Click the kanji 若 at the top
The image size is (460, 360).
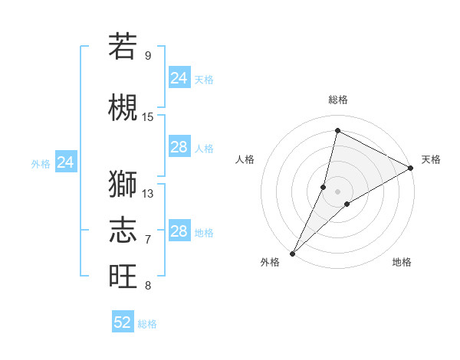[123, 46]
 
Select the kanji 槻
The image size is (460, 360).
[123, 107]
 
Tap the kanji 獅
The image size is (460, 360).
[123, 185]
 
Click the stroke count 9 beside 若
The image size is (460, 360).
[147, 55]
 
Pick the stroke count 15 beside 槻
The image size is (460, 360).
[148, 116]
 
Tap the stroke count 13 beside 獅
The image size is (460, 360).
[148, 193]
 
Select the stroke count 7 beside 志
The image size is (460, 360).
[147, 239]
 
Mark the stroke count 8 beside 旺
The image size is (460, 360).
[147, 286]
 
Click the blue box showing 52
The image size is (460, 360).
[123, 322]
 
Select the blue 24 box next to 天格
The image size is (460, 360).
[179, 78]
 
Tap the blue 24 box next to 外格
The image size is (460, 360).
[66, 162]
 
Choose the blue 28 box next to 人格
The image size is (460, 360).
[179, 147]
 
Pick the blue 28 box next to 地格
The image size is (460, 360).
[179, 231]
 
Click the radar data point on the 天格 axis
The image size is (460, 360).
[411, 168]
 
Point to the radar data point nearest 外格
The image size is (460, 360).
[292, 254]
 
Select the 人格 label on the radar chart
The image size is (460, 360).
[245, 159]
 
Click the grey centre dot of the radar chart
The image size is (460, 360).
[337, 191]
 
